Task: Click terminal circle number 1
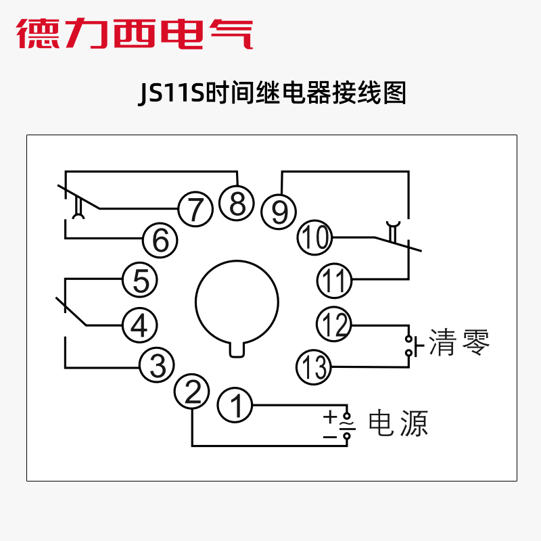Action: (235, 406)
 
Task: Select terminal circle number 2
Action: (192, 392)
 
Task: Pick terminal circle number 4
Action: (139, 327)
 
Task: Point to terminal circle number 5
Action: (140, 281)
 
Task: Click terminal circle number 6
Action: (160, 240)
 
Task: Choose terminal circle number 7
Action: (195, 209)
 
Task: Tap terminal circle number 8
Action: (237, 203)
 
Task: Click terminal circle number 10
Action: (314, 237)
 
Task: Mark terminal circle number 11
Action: (334, 279)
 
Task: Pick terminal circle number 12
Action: (334, 325)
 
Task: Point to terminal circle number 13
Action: (314, 367)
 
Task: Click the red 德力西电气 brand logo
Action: (135, 34)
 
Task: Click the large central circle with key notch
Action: (237, 303)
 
